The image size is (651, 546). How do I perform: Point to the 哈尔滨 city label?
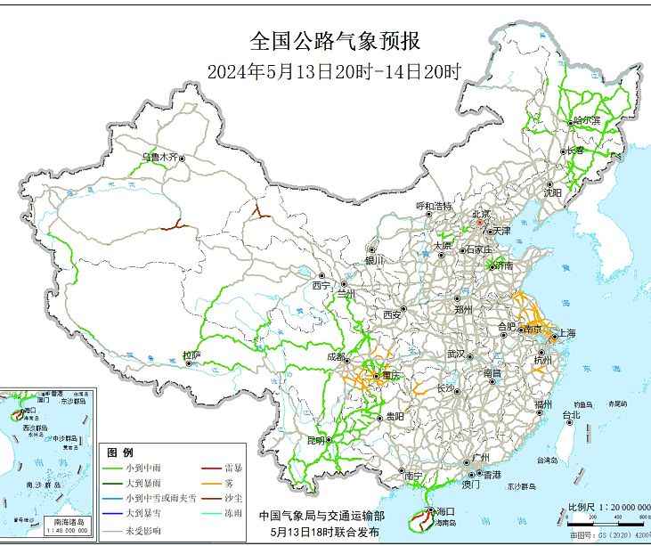(x=586, y=120)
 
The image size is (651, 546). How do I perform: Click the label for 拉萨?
(x=191, y=355)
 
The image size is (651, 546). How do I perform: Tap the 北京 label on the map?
(x=481, y=214)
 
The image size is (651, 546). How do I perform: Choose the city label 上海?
(x=566, y=333)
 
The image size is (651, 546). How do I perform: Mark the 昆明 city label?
(x=316, y=440)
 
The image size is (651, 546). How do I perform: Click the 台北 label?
(x=571, y=414)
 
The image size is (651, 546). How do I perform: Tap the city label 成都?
(x=337, y=356)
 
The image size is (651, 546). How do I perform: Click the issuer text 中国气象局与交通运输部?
(x=321, y=516)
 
